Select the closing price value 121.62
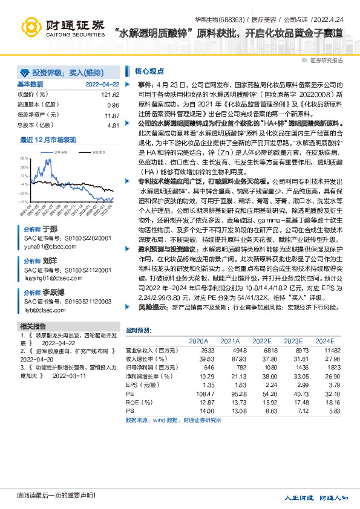(110, 95)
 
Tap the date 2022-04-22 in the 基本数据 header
(102, 84)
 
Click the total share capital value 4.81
(113, 125)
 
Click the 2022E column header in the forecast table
(261, 341)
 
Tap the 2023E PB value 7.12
(293, 410)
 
